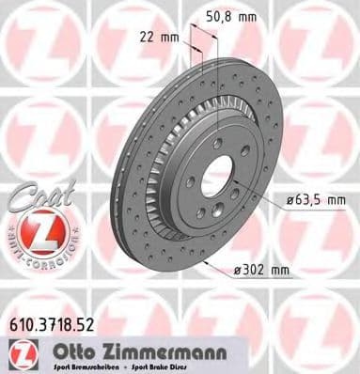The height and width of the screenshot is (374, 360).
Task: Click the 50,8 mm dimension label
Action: [231, 16]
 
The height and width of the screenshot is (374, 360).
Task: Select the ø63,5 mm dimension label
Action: [314, 200]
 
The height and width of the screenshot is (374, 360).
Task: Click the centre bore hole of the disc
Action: [214, 173]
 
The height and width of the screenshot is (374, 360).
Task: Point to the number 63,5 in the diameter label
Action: [309, 200]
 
